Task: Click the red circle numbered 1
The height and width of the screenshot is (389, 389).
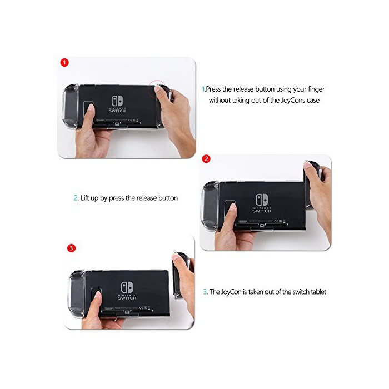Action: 64,62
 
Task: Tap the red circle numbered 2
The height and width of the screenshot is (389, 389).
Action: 206,159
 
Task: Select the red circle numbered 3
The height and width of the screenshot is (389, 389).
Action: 71,248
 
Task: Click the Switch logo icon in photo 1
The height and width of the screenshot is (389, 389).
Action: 117,101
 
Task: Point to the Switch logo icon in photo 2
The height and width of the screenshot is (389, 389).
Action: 262,200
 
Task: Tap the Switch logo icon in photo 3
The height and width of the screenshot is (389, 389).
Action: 127,287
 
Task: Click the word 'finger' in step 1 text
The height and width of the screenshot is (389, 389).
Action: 316,89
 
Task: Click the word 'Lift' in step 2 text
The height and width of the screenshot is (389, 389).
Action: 84,198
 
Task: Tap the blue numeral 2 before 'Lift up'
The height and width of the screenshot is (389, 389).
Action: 76,198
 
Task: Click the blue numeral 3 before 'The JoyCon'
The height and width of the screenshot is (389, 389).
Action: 205,292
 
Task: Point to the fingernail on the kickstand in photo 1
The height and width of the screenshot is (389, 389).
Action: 91,107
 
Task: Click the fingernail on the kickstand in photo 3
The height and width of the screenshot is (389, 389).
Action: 98,294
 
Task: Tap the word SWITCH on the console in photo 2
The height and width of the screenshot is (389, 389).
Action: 262,211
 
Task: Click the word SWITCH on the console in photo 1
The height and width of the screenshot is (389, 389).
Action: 117,111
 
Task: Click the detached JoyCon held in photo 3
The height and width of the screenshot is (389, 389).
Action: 181,275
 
